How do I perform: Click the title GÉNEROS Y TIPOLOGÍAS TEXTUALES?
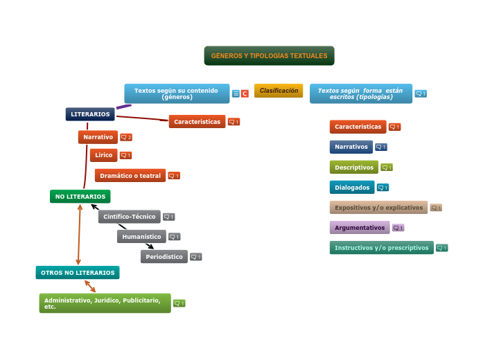(269, 55)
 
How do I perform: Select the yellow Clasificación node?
(279, 91)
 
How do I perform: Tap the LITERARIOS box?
(90, 114)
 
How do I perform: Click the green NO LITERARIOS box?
(80, 197)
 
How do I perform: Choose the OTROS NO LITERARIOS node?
(78, 273)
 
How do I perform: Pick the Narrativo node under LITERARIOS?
(98, 137)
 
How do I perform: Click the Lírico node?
(103, 155)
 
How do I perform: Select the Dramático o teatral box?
(130, 176)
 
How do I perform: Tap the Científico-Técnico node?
(129, 217)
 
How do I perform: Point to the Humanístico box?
(141, 237)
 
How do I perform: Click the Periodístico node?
(164, 257)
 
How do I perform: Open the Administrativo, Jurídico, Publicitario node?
(105, 303)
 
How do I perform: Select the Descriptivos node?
(354, 168)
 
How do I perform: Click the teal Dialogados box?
(352, 188)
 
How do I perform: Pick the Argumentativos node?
(360, 228)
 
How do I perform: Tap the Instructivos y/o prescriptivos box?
(382, 248)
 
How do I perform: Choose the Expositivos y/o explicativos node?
(378, 208)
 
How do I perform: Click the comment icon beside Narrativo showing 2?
(126, 137)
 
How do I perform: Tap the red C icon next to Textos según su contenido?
(245, 93)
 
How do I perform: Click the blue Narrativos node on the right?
(351, 147)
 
